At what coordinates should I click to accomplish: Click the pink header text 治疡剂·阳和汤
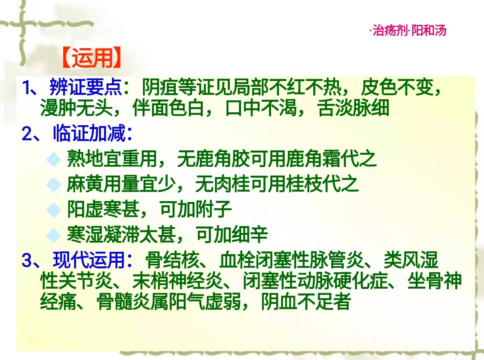click(x=409, y=30)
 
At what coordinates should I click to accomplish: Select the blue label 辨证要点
click(x=86, y=87)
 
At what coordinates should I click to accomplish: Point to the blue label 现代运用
click(x=89, y=260)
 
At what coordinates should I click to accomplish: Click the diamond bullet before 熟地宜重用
click(x=54, y=159)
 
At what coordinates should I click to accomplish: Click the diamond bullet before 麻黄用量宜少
click(x=54, y=184)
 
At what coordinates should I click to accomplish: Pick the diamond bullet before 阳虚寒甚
click(x=54, y=210)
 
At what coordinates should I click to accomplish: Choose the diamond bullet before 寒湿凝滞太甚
click(x=54, y=235)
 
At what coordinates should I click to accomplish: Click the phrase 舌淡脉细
click(x=353, y=108)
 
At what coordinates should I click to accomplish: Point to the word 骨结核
click(x=172, y=260)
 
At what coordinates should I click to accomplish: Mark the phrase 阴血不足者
click(x=306, y=302)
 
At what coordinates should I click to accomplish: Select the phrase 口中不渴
click(x=261, y=108)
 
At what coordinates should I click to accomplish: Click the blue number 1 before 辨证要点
click(x=27, y=87)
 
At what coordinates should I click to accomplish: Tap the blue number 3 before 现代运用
click(x=27, y=261)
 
